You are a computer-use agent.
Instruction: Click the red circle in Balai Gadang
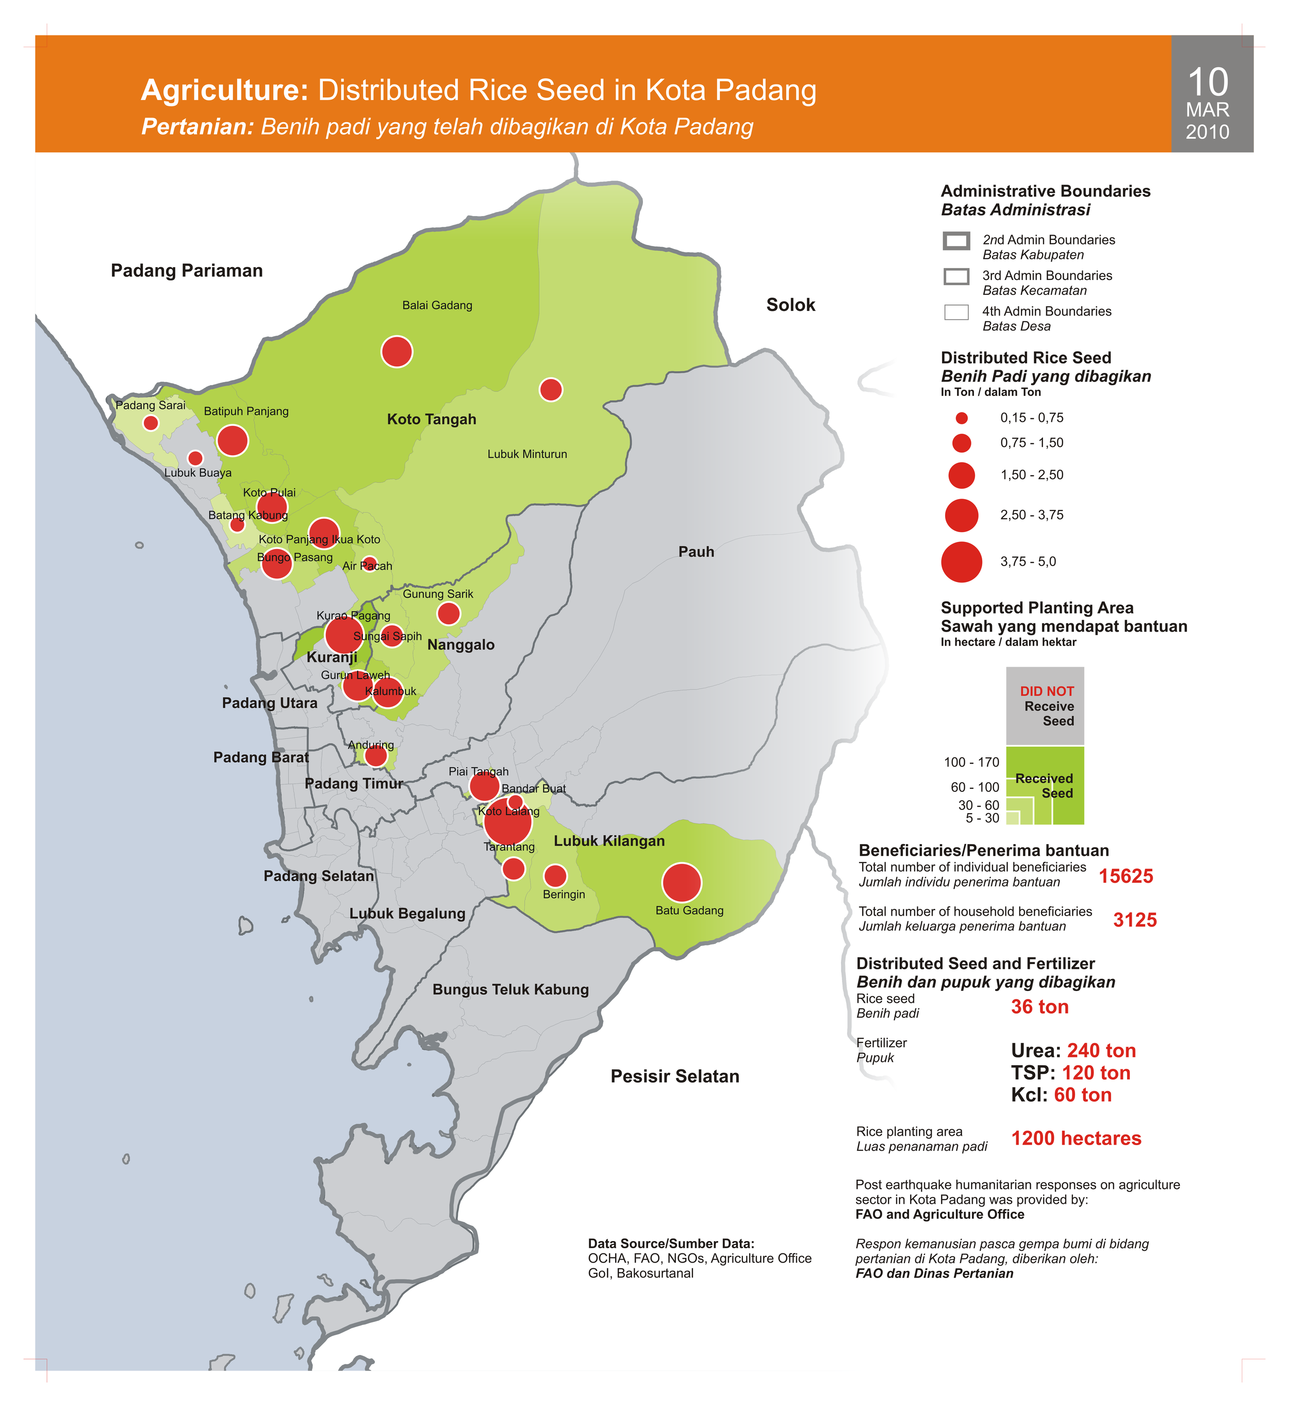(397, 352)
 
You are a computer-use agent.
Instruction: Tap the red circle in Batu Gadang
(682, 883)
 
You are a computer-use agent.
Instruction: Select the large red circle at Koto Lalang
(508, 821)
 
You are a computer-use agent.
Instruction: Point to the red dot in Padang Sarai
(151, 423)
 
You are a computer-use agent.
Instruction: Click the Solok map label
(790, 305)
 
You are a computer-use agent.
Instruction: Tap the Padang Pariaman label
(187, 271)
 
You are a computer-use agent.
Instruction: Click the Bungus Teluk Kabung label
(510, 989)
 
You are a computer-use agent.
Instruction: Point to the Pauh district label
(696, 552)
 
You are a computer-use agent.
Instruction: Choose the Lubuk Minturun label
(527, 454)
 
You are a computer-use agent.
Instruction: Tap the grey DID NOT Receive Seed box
(1045, 706)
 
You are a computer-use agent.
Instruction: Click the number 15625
(1126, 876)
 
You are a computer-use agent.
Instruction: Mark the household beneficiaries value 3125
(1135, 920)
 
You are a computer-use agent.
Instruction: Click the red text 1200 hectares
(1076, 1138)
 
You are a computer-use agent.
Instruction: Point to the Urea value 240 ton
(1101, 1050)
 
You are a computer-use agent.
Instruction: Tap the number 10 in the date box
(1208, 82)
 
